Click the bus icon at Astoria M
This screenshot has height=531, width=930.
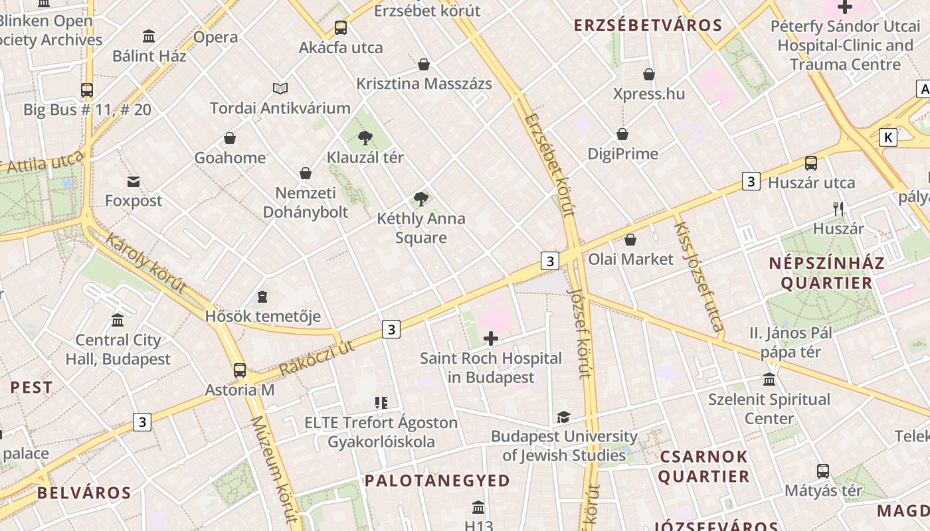coord(240,370)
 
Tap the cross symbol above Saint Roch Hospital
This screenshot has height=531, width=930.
coord(491,339)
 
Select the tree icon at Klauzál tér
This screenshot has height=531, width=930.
coord(365,138)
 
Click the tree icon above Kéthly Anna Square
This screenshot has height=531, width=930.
coord(420,198)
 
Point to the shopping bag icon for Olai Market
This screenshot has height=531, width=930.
coord(630,240)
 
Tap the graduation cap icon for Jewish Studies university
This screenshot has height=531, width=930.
coord(563,417)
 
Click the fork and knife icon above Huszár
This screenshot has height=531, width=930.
coord(838,209)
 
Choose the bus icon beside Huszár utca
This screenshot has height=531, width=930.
coord(810,163)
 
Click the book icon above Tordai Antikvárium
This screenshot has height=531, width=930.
coord(280,88)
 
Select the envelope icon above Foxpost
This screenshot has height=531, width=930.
coord(134,181)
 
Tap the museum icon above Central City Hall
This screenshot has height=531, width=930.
coord(118,321)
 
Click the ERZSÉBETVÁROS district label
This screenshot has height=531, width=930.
coord(648,26)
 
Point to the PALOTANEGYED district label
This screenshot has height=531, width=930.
coord(437,480)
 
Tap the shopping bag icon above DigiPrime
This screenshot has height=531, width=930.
coord(622,134)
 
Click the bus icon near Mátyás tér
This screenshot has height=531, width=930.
coord(823,471)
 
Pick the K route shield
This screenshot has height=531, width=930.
coord(887,137)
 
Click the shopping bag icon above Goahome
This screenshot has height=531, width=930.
coord(229,138)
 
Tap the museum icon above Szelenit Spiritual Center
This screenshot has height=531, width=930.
coord(769,380)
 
